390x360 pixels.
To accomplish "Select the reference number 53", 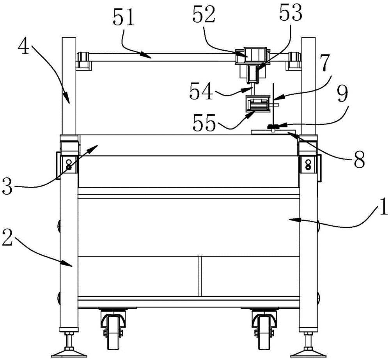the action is [291, 12].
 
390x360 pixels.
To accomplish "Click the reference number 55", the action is [204, 123].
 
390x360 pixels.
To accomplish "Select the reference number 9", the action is [342, 94].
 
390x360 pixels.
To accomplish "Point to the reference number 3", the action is [7, 187].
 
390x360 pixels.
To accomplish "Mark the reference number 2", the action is [7, 238].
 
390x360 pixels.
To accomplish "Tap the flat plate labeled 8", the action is [273, 132].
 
